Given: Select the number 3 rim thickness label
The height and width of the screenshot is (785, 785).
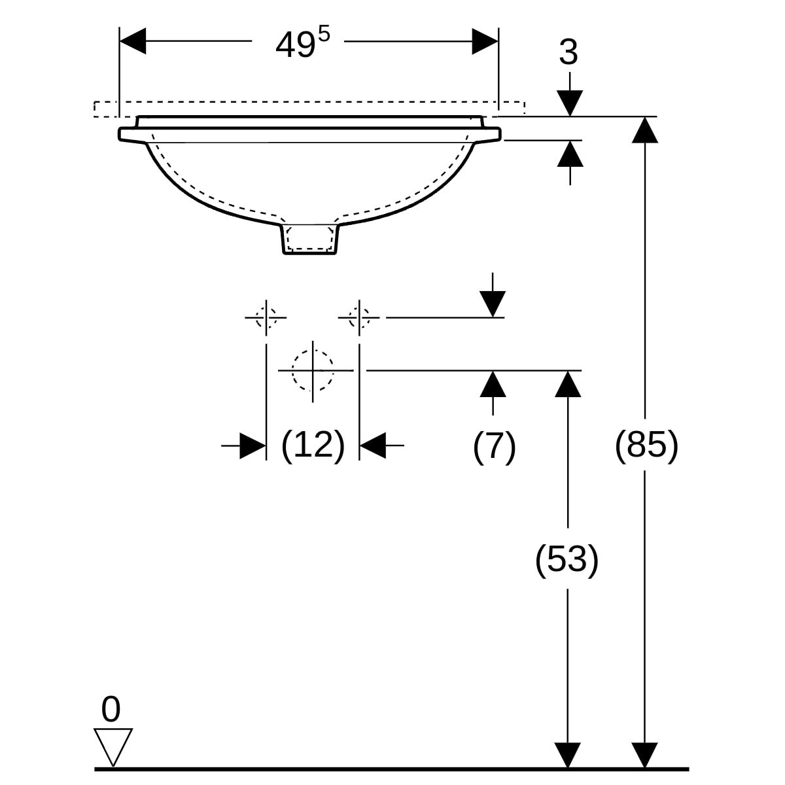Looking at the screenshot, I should pyautogui.click(x=568, y=53).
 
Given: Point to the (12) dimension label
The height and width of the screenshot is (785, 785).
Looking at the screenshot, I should pyautogui.click(x=313, y=445).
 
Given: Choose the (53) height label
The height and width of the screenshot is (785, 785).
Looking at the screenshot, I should pyautogui.click(x=567, y=559).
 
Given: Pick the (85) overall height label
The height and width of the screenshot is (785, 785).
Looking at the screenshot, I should pyautogui.click(x=646, y=445).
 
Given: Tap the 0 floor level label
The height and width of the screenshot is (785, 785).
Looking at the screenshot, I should pyautogui.click(x=111, y=710).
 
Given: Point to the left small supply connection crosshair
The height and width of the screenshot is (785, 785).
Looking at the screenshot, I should pyautogui.click(x=266, y=317).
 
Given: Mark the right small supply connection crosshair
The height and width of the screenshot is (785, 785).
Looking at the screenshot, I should pyautogui.click(x=358, y=317).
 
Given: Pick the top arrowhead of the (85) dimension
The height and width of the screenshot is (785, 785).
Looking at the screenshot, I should pyautogui.click(x=646, y=130).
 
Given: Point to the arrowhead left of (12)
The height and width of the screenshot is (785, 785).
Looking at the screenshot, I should pyautogui.click(x=253, y=445).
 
